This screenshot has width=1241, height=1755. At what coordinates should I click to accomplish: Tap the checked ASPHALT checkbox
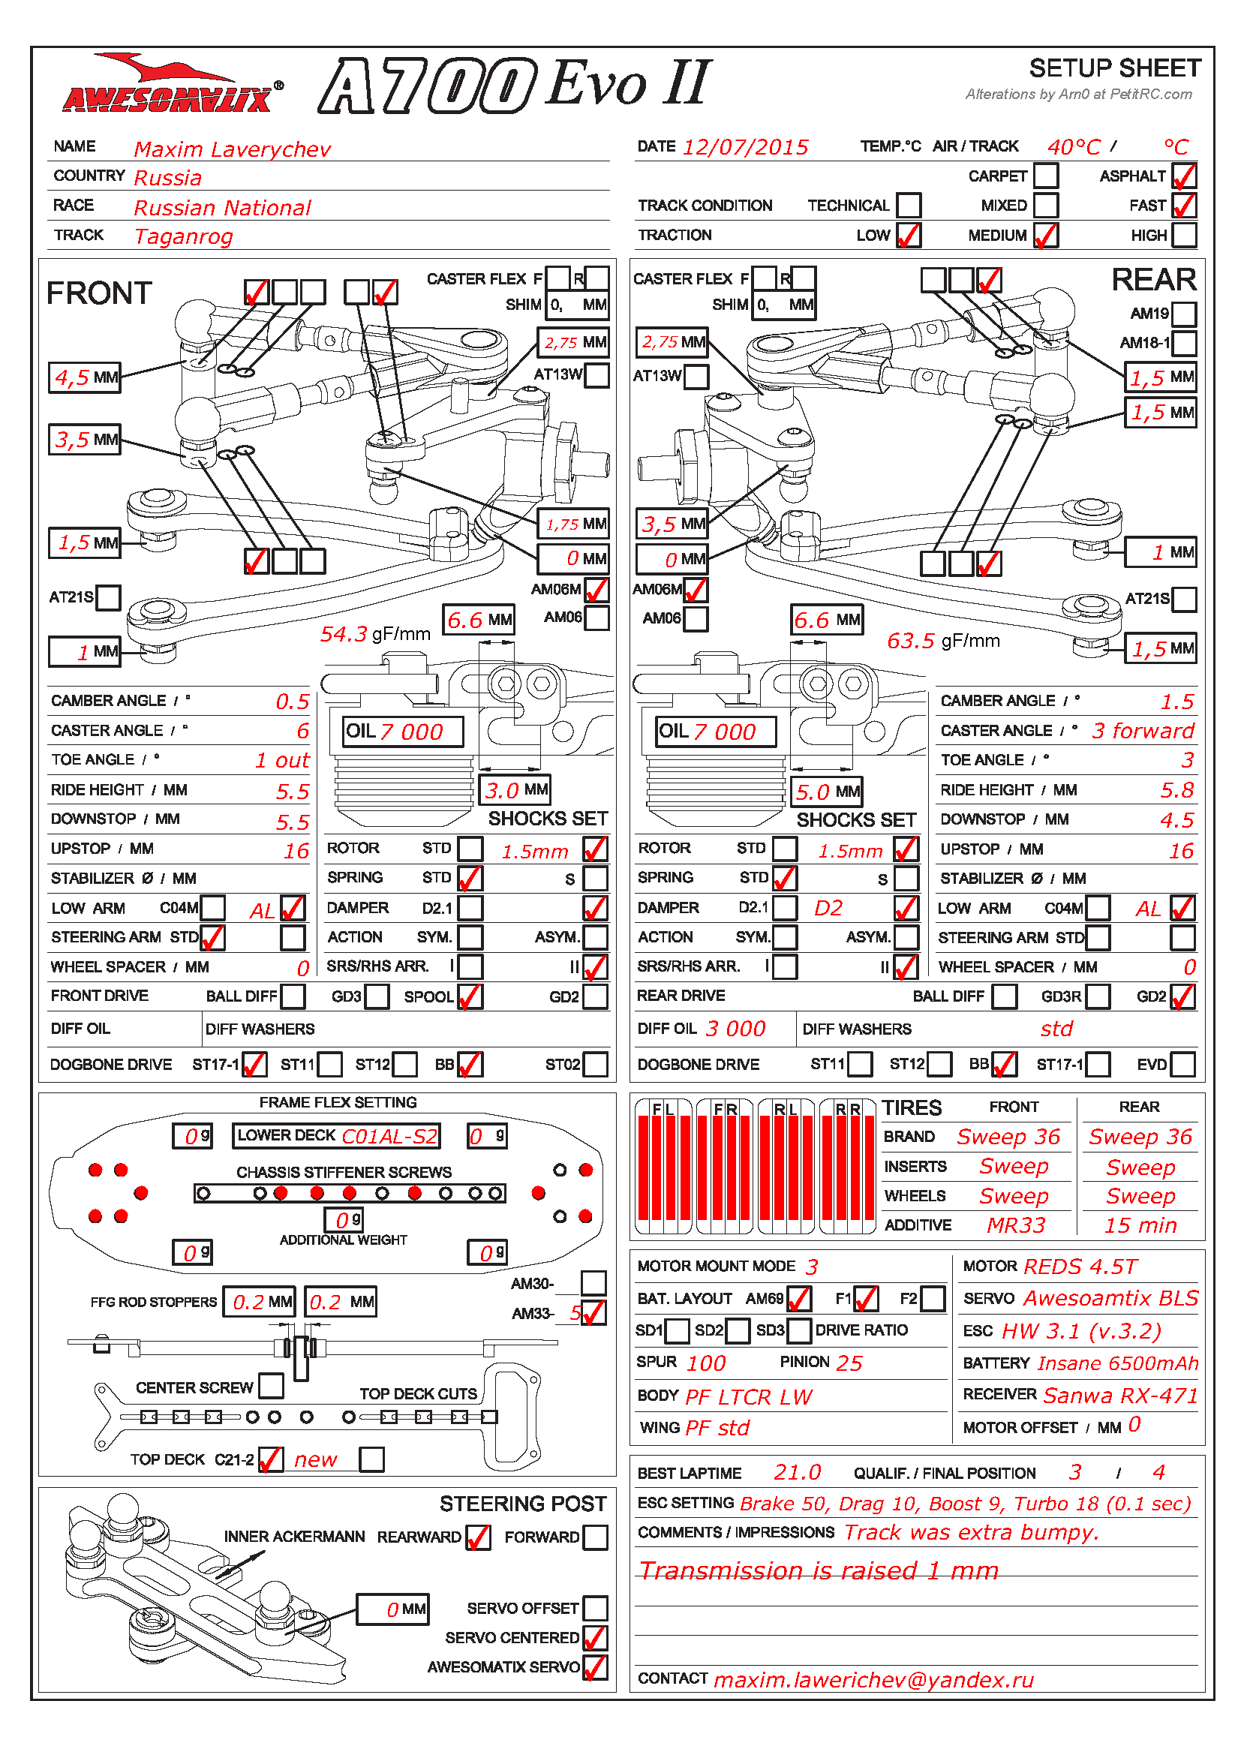pos(1184,176)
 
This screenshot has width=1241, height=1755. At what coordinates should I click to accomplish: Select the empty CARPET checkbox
pos(1045,176)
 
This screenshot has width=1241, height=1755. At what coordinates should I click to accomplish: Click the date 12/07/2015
pos(745,147)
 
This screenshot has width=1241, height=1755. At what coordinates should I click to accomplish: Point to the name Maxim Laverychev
pos(233,149)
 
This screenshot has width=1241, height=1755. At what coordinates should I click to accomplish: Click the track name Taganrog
pos(183,237)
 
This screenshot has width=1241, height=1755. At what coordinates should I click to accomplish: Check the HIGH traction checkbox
pos(1184,235)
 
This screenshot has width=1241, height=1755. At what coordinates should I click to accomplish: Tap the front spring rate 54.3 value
pos(343,634)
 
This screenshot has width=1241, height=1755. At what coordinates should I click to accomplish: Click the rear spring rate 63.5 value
pos(911,641)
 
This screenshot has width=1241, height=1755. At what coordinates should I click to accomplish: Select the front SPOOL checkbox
pos(470,996)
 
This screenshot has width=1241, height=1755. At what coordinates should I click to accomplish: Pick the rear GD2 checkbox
pos(1182,996)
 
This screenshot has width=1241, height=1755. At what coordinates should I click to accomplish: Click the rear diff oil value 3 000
pos(735,1029)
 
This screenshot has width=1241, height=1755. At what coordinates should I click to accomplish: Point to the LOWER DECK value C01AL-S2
pos(389,1137)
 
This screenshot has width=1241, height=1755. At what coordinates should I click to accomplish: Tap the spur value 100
pos(706,1363)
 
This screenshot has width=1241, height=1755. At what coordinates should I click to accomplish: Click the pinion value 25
pos(849,1363)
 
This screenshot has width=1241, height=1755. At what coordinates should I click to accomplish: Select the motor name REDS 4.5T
pos(1080,1267)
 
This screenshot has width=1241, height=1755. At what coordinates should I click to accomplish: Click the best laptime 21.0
pos(797,1472)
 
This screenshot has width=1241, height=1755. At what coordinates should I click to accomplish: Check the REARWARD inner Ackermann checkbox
pos(478,1537)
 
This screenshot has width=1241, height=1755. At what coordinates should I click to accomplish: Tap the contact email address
pos(873,1680)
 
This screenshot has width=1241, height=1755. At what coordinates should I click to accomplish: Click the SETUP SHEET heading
pos(1115,68)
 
